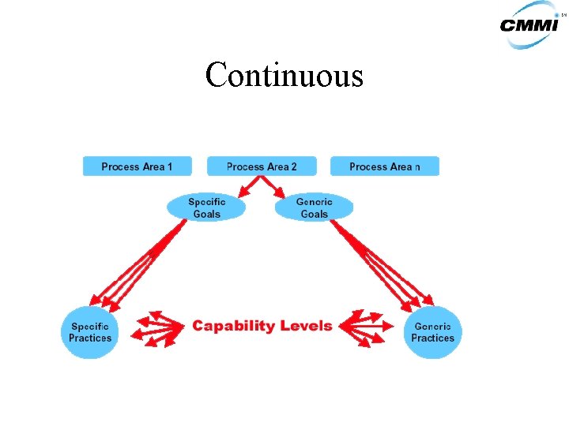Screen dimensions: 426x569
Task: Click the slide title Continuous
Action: tap(284, 76)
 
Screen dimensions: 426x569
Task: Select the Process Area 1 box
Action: tap(138, 166)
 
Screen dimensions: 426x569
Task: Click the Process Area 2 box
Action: tap(262, 166)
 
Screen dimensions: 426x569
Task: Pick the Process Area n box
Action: tap(384, 166)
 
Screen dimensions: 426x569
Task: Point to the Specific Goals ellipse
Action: tap(206, 207)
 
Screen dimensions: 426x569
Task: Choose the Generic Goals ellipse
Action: tap(314, 207)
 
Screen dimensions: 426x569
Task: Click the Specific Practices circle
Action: tap(90, 332)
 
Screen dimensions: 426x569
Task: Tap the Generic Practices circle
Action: tap(432, 332)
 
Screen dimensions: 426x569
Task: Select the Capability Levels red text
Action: tap(262, 326)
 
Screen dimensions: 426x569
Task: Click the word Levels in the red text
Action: tap(305, 326)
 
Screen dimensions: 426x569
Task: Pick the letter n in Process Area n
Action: tap(417, 167)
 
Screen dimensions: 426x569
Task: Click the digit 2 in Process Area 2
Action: tap(294, 166)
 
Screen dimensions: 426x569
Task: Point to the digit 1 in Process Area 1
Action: tap(170, 166)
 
